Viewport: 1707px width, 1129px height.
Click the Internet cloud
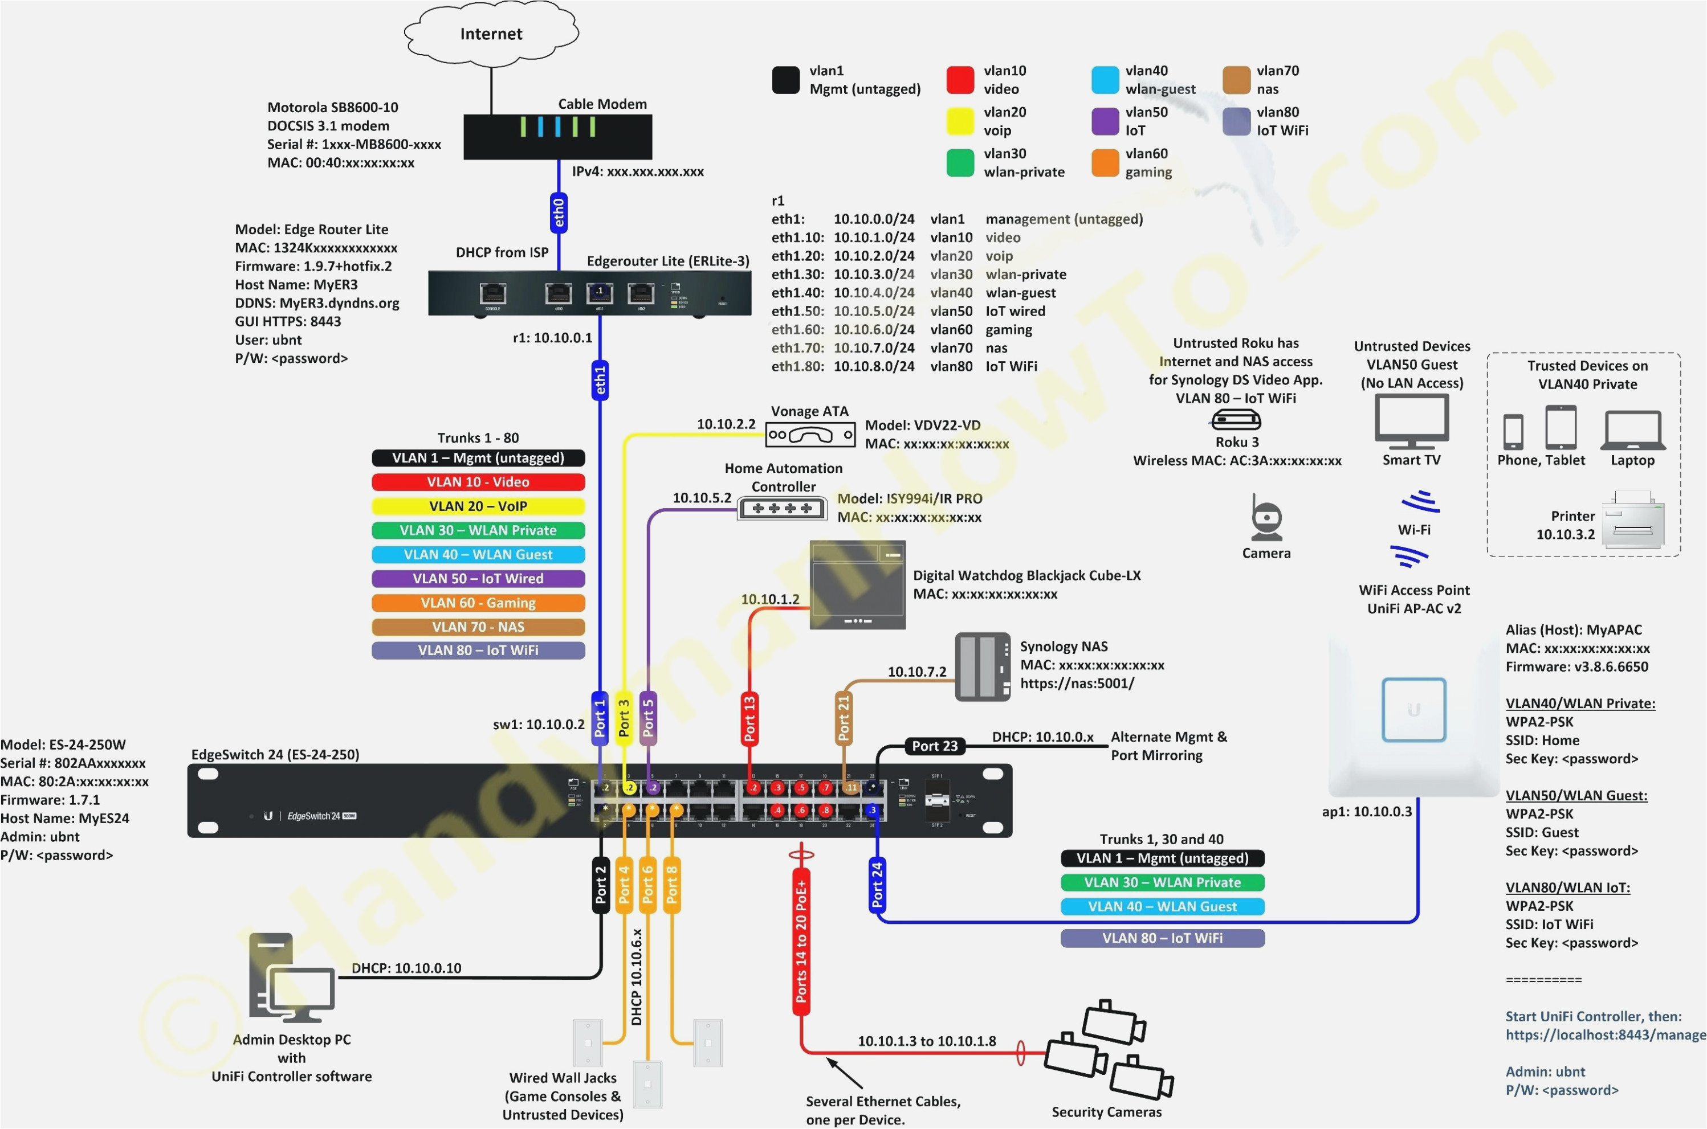point(491,33)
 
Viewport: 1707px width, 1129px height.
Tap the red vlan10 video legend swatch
point(960,80)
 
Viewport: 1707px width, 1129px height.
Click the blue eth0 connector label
point(558,213)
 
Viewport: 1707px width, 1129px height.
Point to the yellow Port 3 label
point(624,718)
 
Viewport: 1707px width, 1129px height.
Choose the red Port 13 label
point(749,718)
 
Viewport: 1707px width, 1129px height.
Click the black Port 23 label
point(935,746)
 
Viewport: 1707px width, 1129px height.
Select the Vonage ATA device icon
point(810,435)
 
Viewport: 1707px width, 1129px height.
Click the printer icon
point(1633,520)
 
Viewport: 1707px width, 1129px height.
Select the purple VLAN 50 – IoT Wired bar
point(478,579)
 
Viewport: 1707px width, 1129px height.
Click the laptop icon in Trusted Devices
point(1633,430)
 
